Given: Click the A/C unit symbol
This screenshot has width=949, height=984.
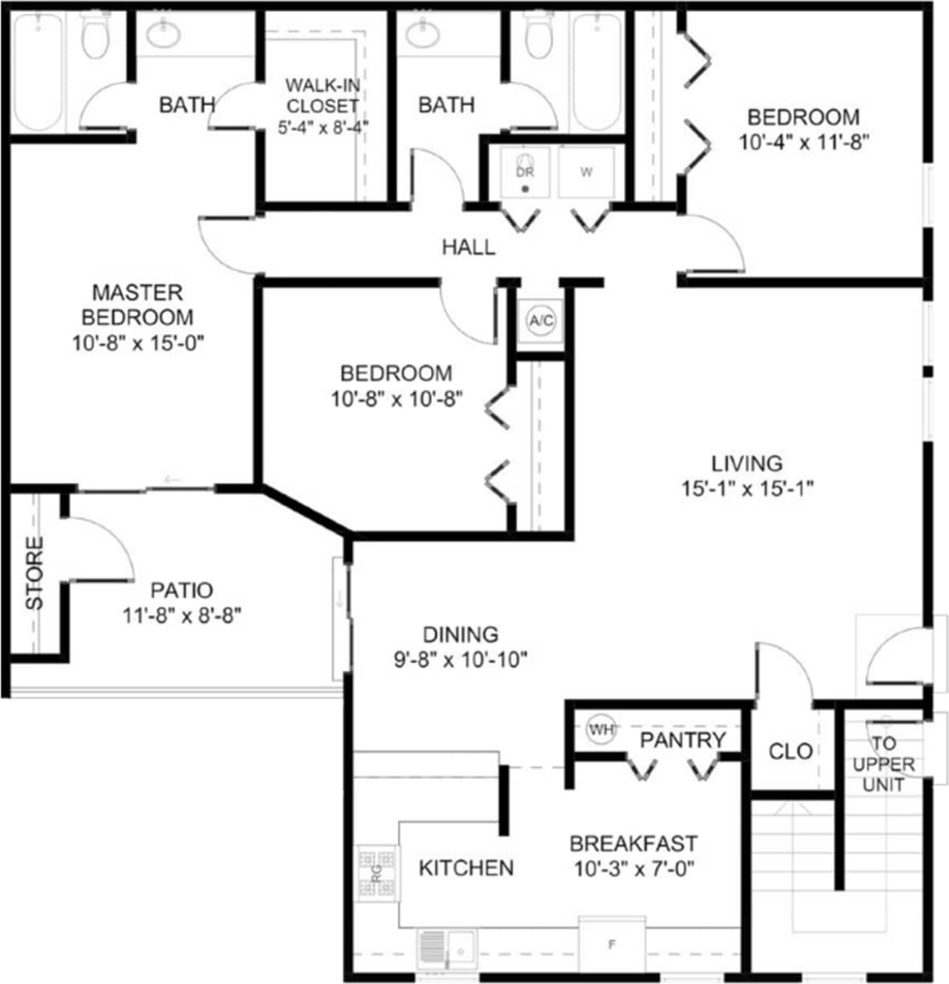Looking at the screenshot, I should click(x=540, y=321).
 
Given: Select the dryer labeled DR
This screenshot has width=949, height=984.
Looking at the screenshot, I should click(x=524, y=173).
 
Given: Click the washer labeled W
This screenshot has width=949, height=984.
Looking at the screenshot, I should click(x=587, y=173).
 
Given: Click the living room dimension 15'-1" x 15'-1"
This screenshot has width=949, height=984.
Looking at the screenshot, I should click(x=746, y=488).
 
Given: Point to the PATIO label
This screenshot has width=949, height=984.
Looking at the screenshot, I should click(x=182, y=590).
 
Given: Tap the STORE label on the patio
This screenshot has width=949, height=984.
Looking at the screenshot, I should click(x=35, y=574).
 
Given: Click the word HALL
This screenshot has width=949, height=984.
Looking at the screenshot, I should click(x=468, y=247).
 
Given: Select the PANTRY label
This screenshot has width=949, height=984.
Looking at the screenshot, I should click(x=682, y=740).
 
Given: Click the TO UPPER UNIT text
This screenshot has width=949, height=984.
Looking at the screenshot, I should click(x=883, y=764).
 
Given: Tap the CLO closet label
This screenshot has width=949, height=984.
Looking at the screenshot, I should click(x=790, y=751).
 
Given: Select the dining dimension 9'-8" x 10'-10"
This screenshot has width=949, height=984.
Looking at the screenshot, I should click(x=460, y=659).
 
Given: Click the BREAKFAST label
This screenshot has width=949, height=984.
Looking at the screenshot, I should click(x=633, y=844).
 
